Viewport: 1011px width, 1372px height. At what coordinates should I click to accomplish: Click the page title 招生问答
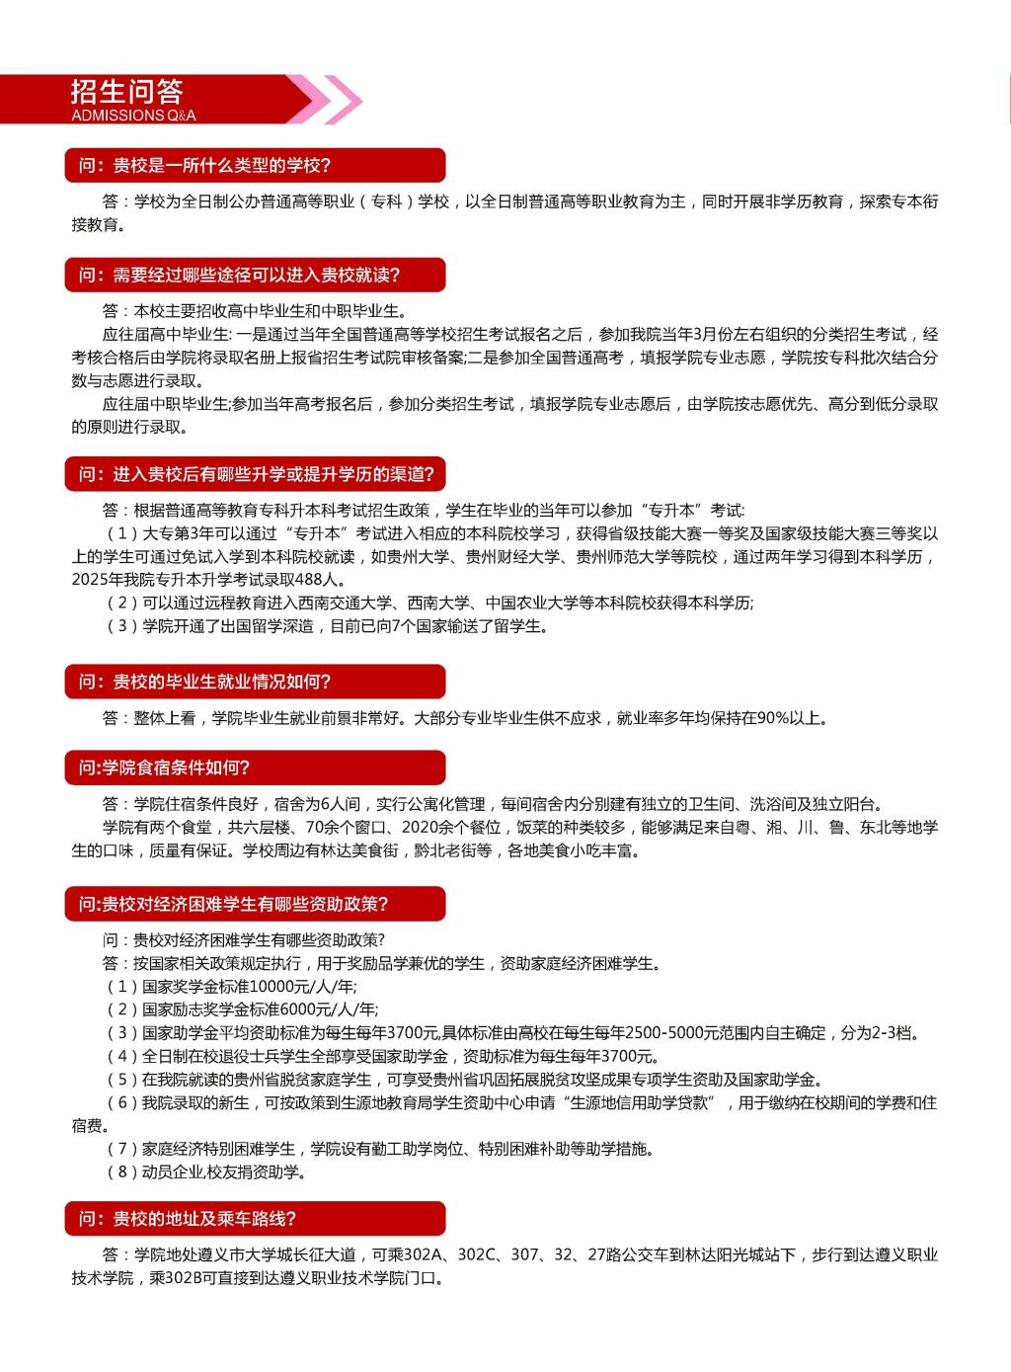[x=127, y=92]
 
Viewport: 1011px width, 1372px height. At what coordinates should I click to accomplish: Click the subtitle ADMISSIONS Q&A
[x=133, y=116]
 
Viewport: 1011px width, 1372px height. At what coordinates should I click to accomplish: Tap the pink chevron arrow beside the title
[x=336, y=100]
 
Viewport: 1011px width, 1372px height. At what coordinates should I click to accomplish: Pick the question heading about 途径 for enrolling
[x=240, y=275]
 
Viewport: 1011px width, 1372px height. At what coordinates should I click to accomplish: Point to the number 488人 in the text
[x=315, y=580]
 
